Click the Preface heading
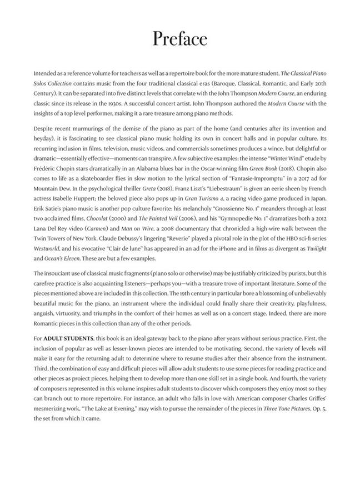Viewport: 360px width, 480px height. pos(179,39)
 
